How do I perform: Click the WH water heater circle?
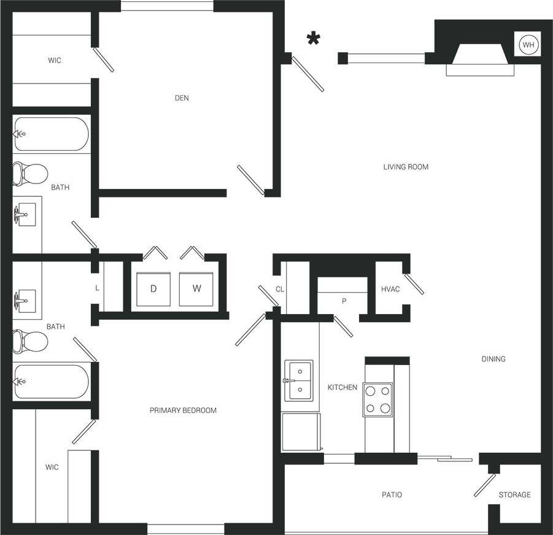coord(527,44)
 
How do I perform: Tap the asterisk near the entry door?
coord(314,40)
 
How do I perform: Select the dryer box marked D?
coord(153,288)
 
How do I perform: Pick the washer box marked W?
coord(196,288)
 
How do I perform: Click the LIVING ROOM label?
coord(406,167)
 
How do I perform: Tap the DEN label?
coord(182,98)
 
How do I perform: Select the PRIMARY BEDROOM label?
coord(183,410)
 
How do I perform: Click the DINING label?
coord(493,359)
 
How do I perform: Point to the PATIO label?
coord(392,495)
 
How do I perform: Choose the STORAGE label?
coord(514,495)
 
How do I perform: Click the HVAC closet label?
coord(390,289)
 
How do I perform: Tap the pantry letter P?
coord(344,302)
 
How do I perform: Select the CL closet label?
coord(279,289)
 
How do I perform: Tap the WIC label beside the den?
coord(55,61)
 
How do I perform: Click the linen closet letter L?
coord(97,288)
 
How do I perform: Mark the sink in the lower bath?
coord(25,301)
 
